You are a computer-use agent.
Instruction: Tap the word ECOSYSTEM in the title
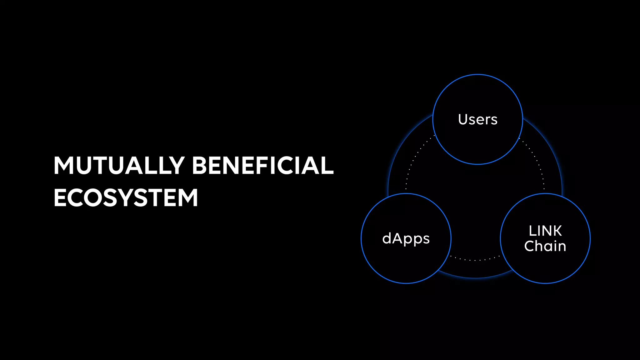126,197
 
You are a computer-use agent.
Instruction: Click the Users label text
477,119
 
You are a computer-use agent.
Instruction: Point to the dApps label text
406,239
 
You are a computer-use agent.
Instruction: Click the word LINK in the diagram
545,231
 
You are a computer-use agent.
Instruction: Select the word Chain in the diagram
545,246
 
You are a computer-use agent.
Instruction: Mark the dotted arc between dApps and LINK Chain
475,260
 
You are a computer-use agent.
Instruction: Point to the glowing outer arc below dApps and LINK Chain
475,277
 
